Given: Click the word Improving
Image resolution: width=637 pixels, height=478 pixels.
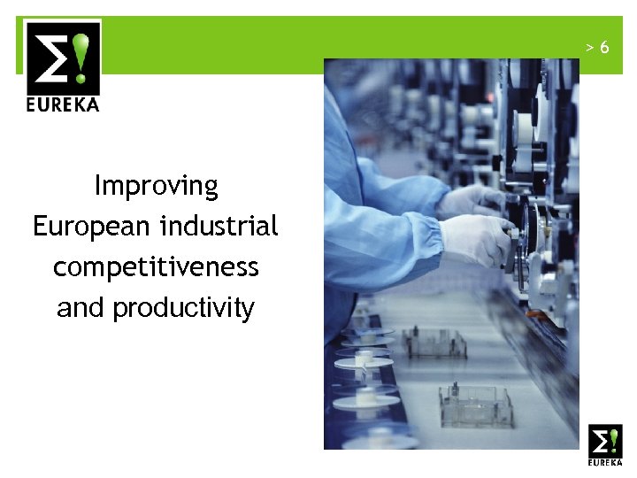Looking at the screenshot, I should pyautogui.click(x=156, y=186).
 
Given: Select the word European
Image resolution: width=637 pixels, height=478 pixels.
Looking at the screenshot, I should pyautogui.click(x=92, y=227).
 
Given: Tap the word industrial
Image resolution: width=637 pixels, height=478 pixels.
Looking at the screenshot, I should pyautogui.click(x=219, y=226).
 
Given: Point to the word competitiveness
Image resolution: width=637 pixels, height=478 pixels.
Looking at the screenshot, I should pyautogui.click(x=156, y=266).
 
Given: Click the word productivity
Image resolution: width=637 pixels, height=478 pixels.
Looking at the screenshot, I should pyautogui.click(x=183, y=308).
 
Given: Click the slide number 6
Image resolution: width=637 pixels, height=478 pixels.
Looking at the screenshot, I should pyautogui.click(x=604, y=47).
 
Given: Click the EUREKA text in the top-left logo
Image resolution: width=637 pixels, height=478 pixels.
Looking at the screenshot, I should pyautogui.click(x=62, y=104).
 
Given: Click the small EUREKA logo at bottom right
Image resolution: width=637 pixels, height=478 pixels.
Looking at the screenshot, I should pyautogui.click(x=605, y=445).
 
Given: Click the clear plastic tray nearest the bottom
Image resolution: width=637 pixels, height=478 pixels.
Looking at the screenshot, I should pyautogui.click(x=475, y=406).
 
